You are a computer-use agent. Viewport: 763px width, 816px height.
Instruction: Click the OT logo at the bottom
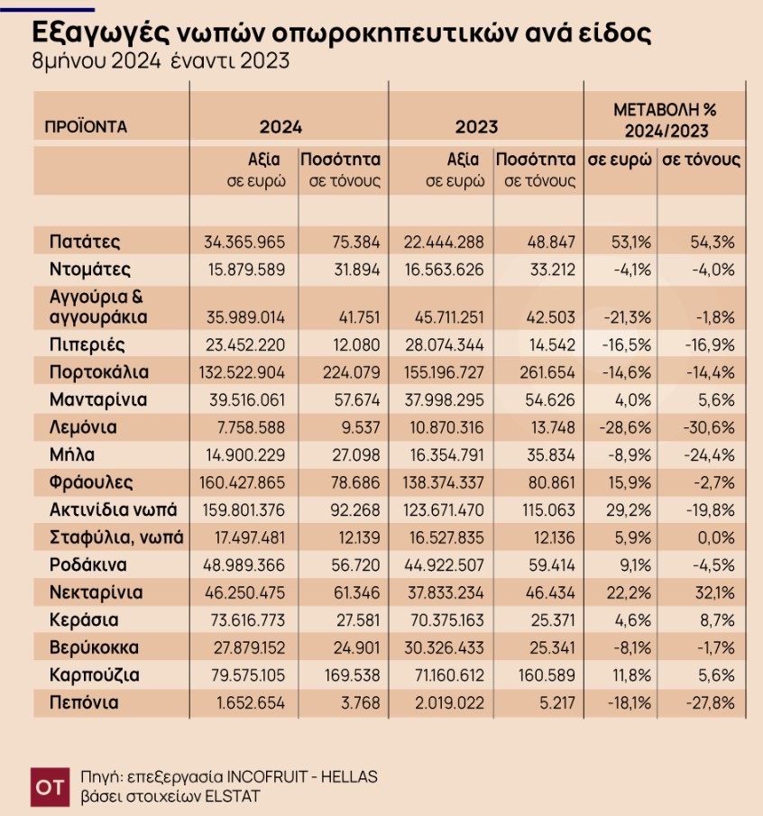pyautogui.click(x=49, y=786)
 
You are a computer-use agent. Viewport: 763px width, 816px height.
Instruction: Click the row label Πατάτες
pyautogui.click(x=86, y=243)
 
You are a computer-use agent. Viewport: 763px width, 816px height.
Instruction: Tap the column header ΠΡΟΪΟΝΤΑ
pyautogui.click(x=86, y=127)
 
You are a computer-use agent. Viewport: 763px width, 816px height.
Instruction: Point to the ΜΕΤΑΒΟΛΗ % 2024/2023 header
pyautogui.click(x=665, y=117)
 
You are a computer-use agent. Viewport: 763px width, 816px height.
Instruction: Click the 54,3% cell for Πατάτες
pyautogui.click(x=712, y=243)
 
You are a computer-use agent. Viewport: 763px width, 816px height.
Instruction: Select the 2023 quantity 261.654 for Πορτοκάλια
pyautogui.click(x=547, y=372)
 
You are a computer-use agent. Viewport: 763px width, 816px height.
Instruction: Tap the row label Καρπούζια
pyautogui.click(x=96, y=675)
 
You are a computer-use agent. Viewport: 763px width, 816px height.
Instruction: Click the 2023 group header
pyautogui.click(x=476, y=127)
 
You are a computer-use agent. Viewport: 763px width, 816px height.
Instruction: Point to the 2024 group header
pyautogui.click(x=280, y=127)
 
